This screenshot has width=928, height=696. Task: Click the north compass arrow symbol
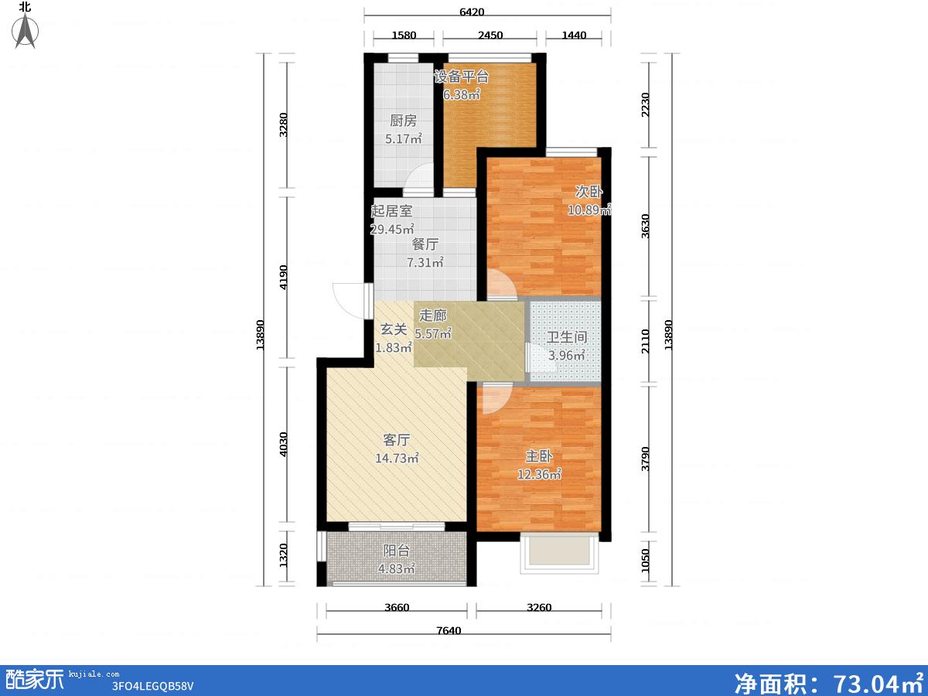(x=26, y=31)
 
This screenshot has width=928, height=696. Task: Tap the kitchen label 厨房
(x=404, y=121)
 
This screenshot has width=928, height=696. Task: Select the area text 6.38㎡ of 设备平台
(x=462, y=94)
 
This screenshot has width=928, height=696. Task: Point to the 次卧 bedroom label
(x=589, y=192)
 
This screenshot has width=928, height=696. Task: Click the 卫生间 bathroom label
(x=567, y=337)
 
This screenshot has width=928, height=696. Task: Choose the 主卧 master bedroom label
(x=539, y=456)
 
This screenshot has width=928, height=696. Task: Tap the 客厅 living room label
(x=397, y=440)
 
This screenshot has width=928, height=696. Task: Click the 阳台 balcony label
(x=397, y=551)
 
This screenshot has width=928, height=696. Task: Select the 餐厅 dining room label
(x=425, y=244)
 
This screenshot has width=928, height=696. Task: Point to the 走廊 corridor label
(x=433, y=316)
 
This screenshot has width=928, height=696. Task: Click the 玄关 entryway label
(x=394, y=329)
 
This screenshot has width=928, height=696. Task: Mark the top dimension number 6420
(x=472, y=12)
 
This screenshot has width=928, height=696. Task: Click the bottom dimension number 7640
(x=449, y=631)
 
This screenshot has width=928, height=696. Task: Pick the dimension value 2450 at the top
(x=490, y=35)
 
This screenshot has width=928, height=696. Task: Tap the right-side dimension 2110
(x=645, y=341)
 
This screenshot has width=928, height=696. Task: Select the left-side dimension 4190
(x=284, y=277)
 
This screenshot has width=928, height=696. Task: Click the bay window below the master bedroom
(x=559, y=553)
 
